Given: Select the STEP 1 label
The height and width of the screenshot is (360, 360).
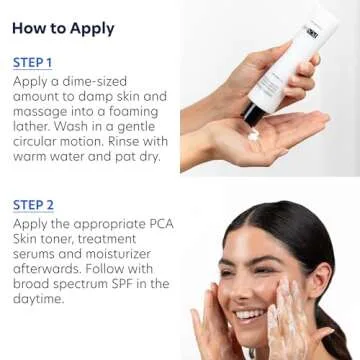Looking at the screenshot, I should pyautogui.click(x=33, y=63).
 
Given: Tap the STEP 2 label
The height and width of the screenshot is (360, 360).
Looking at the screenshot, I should pyautogui.click(x=33, y=205).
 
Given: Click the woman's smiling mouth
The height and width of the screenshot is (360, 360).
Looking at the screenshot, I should pyautogui.click(x=248, y=317).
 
